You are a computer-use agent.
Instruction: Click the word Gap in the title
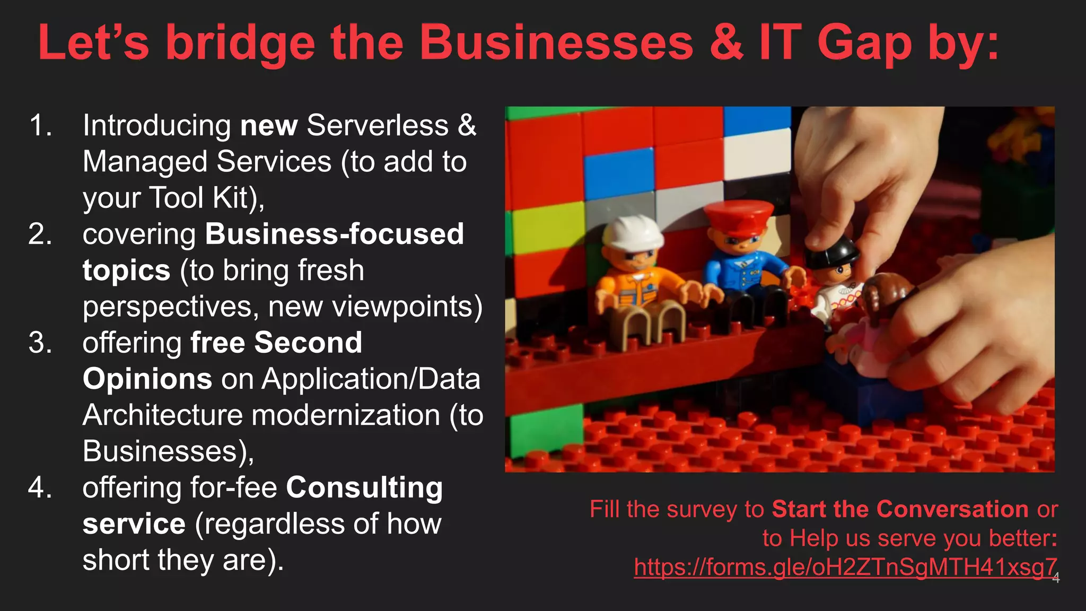click(x=864, y=43)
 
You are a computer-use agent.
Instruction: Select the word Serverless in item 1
click(x=377, y=126)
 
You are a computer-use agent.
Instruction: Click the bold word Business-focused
click(x=334, y=234)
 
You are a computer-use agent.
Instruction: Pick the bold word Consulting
click(x=364, y=487)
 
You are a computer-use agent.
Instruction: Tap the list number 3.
click(x=40, y=343)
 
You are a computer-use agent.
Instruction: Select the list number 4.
click(x=40, y=487)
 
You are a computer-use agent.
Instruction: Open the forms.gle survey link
click(x=845, y=567)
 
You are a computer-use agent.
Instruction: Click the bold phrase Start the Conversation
click(x=900, y=509)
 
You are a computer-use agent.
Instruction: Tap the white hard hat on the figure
click(x=632, y=233)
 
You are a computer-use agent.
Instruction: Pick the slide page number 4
click(x=1056, y=578)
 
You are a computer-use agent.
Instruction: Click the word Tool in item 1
click(x=176, y=198)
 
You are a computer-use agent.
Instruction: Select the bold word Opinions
click(x=147, y=379)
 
